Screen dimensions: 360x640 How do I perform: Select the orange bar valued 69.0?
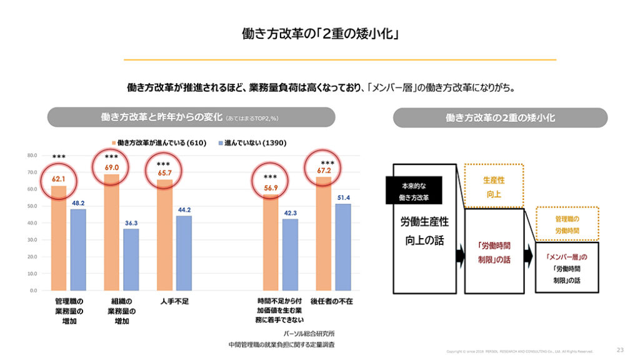coord(112,232)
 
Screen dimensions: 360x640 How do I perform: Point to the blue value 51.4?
coord(343,197)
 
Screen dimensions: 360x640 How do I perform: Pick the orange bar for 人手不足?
coord(165,235)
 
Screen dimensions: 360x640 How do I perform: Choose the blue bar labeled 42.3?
coord(290,254)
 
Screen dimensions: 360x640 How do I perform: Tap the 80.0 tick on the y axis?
coord(32,155)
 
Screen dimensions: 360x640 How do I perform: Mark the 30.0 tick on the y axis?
coord(32,240)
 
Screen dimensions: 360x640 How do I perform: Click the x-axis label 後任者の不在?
coord(331,301)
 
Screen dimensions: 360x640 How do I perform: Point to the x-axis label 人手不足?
coord(174,301)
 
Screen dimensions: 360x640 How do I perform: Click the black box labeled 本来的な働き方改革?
coord(413,191)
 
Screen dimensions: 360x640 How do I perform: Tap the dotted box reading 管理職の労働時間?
coord(567,224)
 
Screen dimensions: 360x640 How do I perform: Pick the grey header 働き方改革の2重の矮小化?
coord(500,117)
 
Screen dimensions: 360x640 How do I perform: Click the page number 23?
coord(620,349)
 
